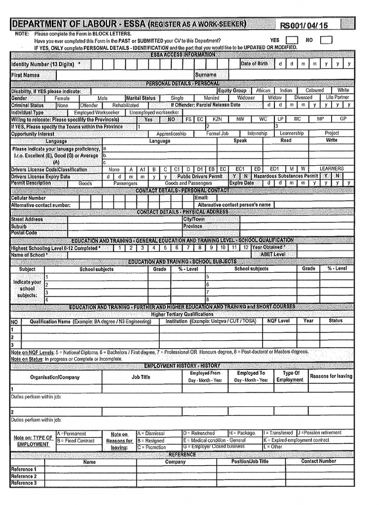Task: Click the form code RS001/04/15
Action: click(304, 26)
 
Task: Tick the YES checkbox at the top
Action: click(292, 40)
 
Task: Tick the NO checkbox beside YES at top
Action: click(326, 40)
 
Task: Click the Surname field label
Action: click(206, 75)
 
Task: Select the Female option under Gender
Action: click(62, 98)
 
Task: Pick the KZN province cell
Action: click(217, 119)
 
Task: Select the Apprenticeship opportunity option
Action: click(171, 134)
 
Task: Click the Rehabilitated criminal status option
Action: click(125, 105)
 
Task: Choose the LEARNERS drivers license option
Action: click(332, 169)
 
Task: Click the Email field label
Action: click(202, 198)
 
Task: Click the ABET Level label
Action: click(272, 254)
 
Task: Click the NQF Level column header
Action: click(278, 321)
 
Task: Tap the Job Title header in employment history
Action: click(141, 377)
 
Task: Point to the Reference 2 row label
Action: click(24, 476)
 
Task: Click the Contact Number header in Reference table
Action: click(319, 462)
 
